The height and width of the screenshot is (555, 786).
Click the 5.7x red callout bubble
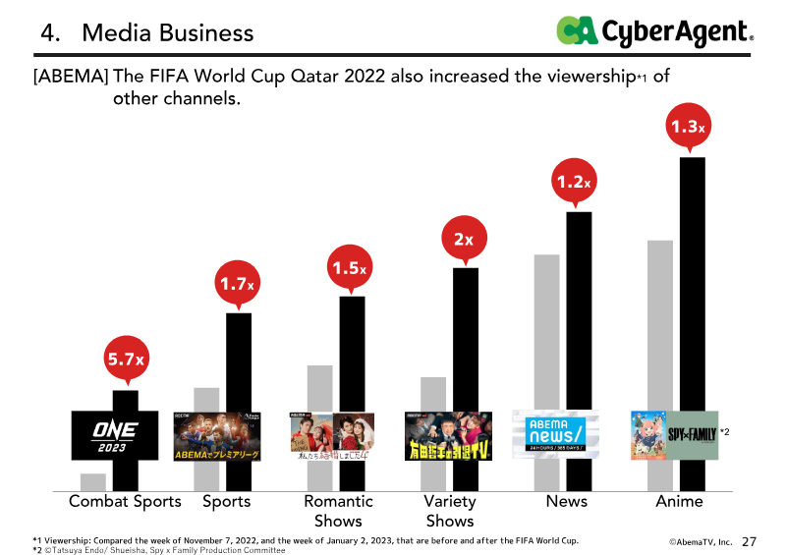[x=125, y=361]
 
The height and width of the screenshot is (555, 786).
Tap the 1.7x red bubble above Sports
[x=238, y=285]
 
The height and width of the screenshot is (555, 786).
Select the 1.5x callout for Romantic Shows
[x=351, y=267]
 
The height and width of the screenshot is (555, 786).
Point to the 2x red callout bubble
[x=464, y=239]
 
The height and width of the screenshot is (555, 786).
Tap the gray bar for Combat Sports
[x=93, y=481]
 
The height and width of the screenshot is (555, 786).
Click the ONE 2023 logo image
[x=116, y=435]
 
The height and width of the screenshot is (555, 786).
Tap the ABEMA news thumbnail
[x=556, y=435]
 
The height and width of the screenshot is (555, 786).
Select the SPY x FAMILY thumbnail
[x=674, y=435]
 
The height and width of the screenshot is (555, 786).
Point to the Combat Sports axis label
[x=125, y=502]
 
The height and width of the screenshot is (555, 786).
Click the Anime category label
[x=679, y=502]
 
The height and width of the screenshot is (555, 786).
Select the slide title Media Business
[x=167, y=33]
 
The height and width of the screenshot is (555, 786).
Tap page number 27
[x=751, y=541]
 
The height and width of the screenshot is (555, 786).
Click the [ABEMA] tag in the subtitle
[x=71, y=77]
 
